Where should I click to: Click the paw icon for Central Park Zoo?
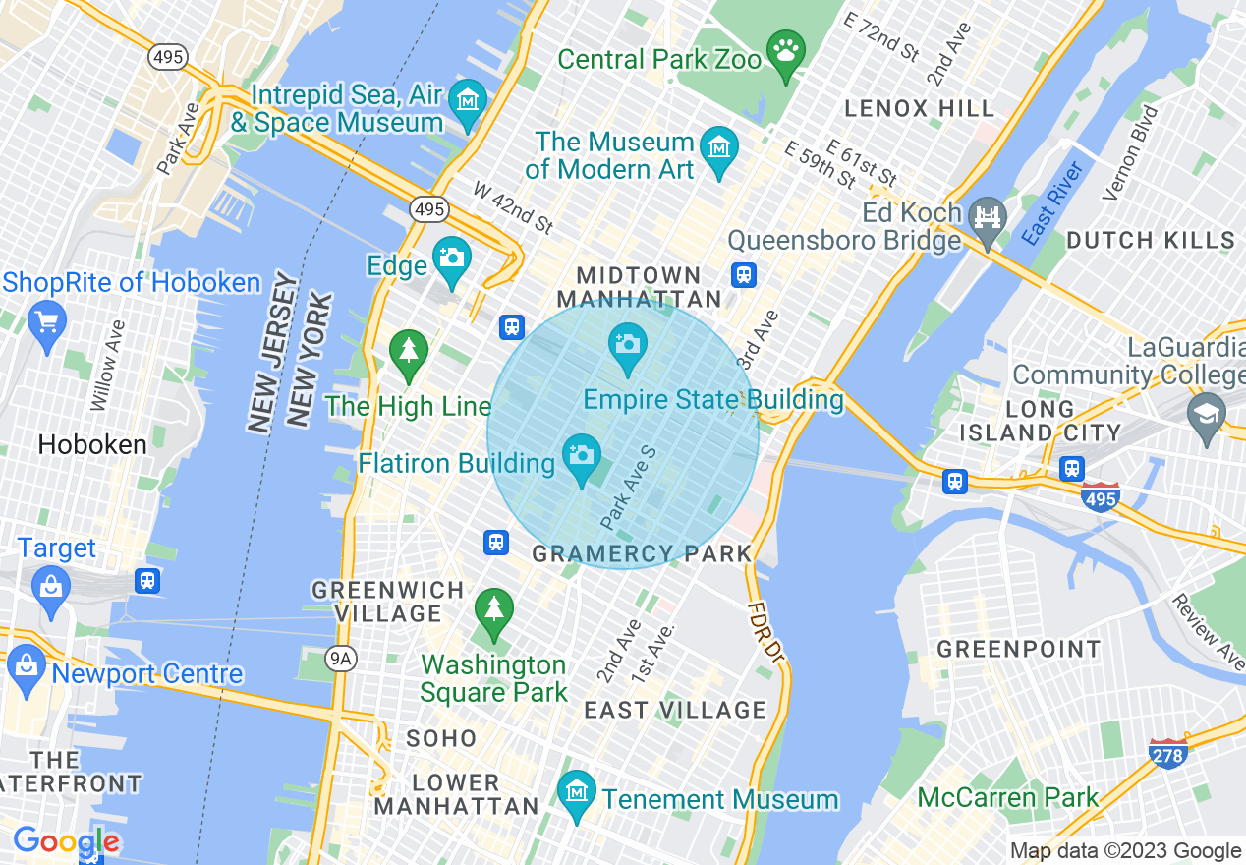tap(786, 55)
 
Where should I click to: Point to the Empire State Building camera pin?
tap(627, 345)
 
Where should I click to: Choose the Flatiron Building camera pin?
tap(582, 456)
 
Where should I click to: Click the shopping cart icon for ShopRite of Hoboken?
tap(46, 322)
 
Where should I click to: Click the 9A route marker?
tap(341, 659)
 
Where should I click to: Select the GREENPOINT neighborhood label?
tap(1019, 650)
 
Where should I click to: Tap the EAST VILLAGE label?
tap(675, 710)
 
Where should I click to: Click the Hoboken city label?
tap(92, 445)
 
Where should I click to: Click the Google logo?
tap(66, 842)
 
